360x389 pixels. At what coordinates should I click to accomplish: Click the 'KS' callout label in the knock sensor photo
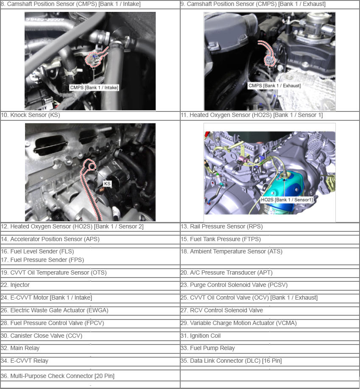pos(107,183)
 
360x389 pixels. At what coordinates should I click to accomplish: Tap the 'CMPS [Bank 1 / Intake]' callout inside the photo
pos(94,88)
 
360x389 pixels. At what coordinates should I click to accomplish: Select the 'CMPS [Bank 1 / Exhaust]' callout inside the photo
pos(275,86)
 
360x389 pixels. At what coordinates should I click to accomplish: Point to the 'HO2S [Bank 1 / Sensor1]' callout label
pos(287,200)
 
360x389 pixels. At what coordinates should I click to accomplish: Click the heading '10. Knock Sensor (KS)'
pos(31,115)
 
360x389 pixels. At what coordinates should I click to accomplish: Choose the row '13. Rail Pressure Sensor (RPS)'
pos(221,227)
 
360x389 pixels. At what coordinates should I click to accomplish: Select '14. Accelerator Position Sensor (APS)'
pos(50,239)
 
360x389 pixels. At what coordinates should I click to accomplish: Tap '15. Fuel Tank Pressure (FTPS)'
pos(221,239)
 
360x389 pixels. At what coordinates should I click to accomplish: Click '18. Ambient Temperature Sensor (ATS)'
pos(232,252)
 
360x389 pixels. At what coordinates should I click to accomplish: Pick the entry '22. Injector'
pos(15,285)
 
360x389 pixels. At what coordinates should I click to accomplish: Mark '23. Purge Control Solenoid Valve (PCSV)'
pos(234,285)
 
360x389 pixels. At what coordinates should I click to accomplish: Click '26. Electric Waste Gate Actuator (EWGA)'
pos(55,310)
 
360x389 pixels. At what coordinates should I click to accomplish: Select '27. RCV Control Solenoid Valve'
pos(222,310)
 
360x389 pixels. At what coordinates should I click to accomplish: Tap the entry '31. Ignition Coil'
pos(201,336)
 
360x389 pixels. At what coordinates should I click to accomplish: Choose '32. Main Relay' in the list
pos(20,348)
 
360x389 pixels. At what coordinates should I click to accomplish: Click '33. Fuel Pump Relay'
pos(207,348)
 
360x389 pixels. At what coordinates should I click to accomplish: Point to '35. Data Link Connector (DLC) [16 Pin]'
pos(231,361)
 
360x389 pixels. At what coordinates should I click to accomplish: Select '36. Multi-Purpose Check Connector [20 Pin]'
pos(58,376)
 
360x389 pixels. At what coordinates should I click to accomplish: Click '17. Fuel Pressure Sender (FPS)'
pos(42,260)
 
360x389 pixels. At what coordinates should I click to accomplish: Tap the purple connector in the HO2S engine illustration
pos(243,160)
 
